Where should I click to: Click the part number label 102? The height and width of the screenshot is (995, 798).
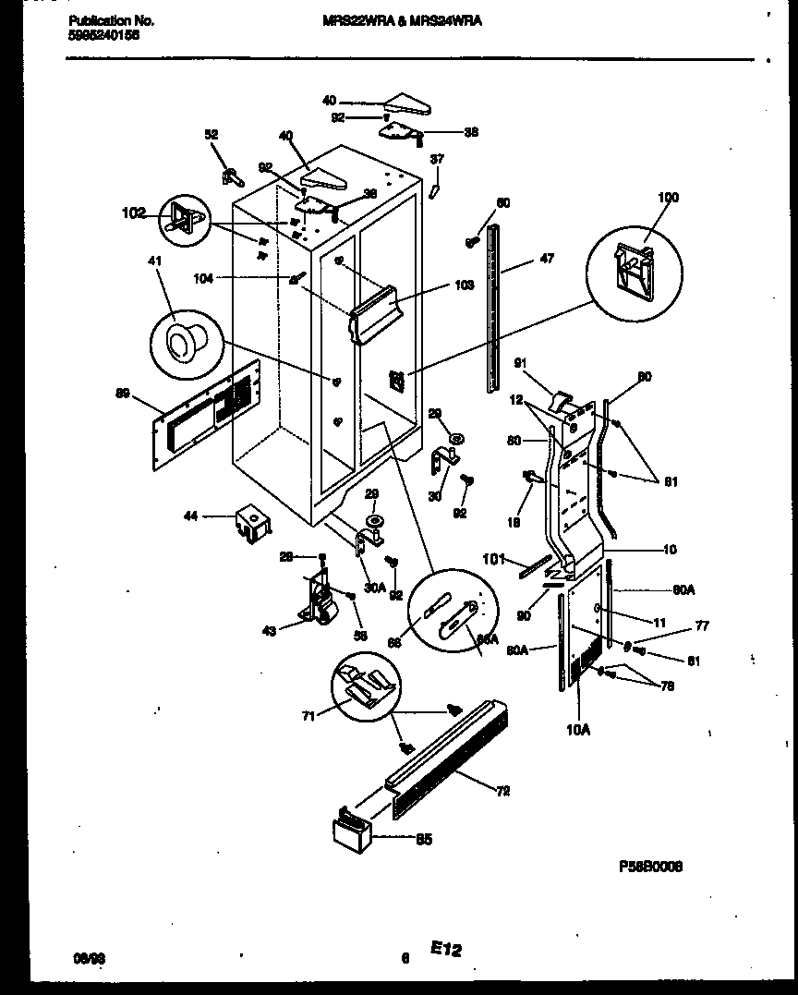133,213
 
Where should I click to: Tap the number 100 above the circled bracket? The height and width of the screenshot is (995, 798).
667,198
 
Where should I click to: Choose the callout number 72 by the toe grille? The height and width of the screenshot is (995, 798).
502,790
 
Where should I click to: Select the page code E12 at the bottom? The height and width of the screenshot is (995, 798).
445,949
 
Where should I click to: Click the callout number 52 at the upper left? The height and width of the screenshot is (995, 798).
212,135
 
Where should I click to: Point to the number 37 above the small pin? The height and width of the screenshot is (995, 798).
437,159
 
